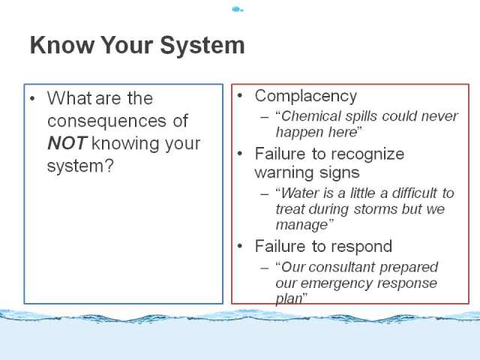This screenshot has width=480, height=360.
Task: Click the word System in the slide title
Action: point(202,45)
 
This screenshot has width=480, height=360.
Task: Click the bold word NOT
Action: point(67,143)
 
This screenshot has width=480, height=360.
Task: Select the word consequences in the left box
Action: point(106,121)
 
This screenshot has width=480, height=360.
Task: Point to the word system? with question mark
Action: point(80,166)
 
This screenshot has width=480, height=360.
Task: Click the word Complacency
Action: point(306,97)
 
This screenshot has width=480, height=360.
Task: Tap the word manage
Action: point(301,225)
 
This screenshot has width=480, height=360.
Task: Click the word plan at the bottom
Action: point(289,298)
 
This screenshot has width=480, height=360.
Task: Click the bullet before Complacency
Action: point(240,96)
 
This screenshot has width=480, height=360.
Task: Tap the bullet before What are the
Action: point(32,98)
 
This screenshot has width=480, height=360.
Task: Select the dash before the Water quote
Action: point(265,194)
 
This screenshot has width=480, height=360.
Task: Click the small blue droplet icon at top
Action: point(238,10)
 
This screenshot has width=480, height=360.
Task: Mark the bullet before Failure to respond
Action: point(240,246)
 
